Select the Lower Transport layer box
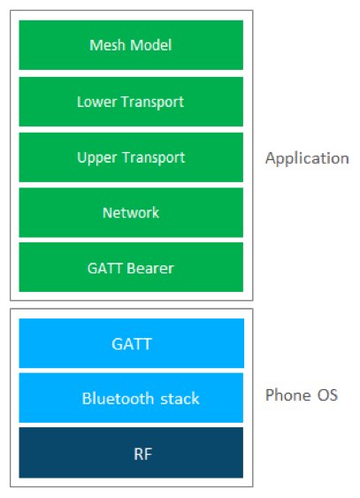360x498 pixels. coord(131,102)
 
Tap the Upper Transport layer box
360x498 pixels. coord(131,157)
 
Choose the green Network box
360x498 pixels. coord(131,212)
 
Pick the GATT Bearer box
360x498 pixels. coord(131,267)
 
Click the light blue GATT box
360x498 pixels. coord(131,342)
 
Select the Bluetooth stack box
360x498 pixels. coord(131,398)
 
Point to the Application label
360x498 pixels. coord(307,159)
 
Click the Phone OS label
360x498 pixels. coord(302,395)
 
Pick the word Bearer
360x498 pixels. coord(148,267)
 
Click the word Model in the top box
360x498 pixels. coord(149,45)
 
